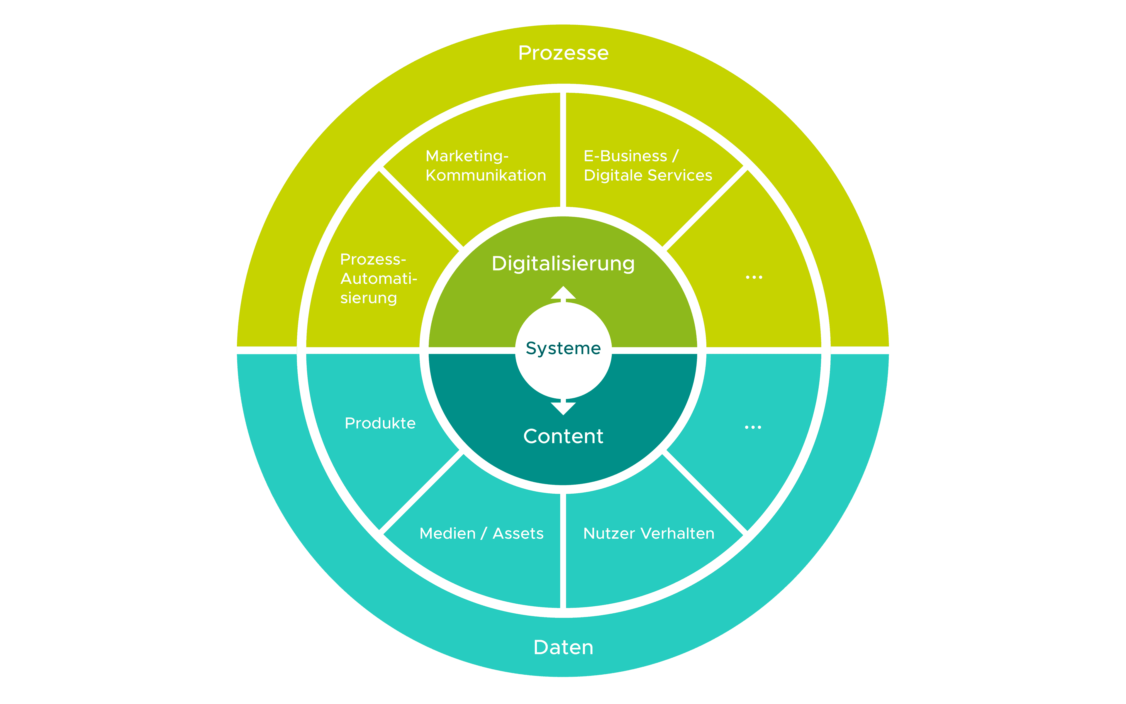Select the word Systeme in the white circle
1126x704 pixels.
point(563,348)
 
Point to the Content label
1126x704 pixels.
point(563,436)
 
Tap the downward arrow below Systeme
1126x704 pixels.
point(563,408)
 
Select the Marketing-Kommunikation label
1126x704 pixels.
point(485,165)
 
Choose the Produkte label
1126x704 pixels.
point(380,423)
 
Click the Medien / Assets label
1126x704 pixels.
point(481,534)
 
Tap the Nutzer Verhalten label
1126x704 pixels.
point(649,534)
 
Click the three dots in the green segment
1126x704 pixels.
point(754,277)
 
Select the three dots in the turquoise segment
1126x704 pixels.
point(753,427)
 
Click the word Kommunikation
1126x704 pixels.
point(485,175)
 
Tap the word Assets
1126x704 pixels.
point(518,534)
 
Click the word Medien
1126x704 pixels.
point(447,534)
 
